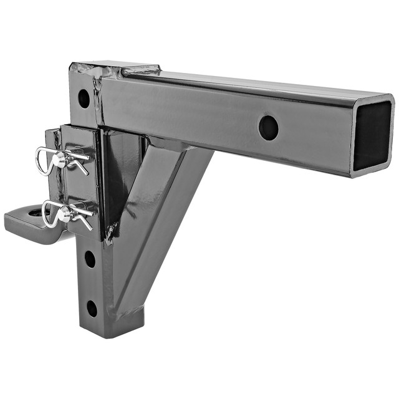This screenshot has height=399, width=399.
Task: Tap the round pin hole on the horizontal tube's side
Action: (268, 128)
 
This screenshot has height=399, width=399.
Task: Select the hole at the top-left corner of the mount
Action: (84, 98)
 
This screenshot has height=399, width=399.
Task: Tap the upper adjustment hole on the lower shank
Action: (90, 259)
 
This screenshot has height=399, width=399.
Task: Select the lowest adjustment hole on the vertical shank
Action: (92, 308)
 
